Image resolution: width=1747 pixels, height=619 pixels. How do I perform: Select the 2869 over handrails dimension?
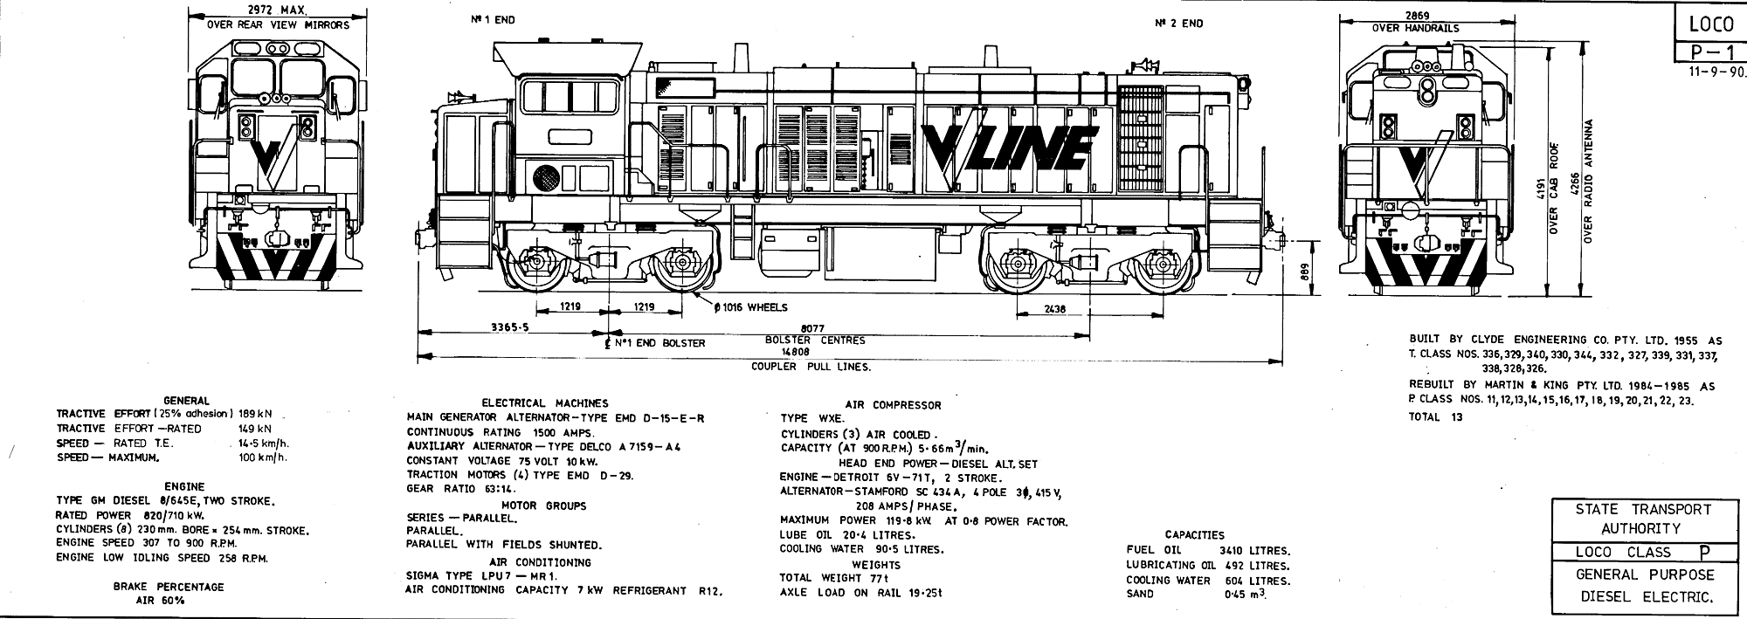point(1417,16)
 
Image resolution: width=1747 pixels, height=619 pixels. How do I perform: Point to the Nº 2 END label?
point(1178,24)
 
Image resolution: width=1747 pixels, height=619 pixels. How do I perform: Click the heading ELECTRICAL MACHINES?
point(545,403)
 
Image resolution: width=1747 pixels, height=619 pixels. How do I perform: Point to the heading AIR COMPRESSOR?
point(893,405)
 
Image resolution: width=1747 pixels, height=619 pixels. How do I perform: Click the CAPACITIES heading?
point(1194,535)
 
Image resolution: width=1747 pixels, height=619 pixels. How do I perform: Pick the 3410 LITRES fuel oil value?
point(1254,551)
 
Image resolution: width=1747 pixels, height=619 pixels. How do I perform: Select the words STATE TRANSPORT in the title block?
point(1642,509)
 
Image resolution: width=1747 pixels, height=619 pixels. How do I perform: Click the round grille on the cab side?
point(546,177)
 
